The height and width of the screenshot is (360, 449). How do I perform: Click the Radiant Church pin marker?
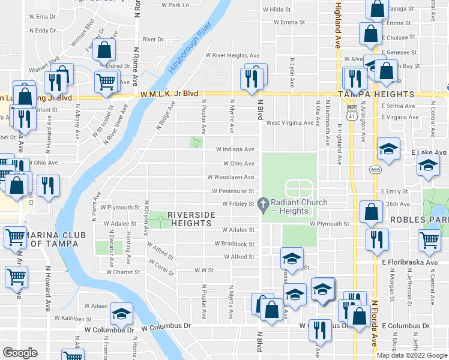point(262,205)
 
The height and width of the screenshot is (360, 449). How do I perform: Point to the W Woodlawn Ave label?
point(231,177)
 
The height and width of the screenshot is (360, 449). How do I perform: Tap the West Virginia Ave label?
point(291,122)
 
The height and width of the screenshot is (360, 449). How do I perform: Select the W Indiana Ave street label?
point(235,149)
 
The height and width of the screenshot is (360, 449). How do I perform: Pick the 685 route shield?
point(376,170)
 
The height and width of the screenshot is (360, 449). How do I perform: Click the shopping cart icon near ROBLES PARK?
point(430,240)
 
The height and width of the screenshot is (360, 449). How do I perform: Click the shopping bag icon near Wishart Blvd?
point(104,50)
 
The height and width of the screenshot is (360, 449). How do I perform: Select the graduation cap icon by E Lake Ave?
point(388,151)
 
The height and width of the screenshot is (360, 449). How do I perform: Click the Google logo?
point(20,353)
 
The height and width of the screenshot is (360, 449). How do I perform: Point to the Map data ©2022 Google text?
point(412,355)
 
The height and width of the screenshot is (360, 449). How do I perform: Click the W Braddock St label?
point(234,244)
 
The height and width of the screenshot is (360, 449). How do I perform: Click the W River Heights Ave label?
point(232,55)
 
